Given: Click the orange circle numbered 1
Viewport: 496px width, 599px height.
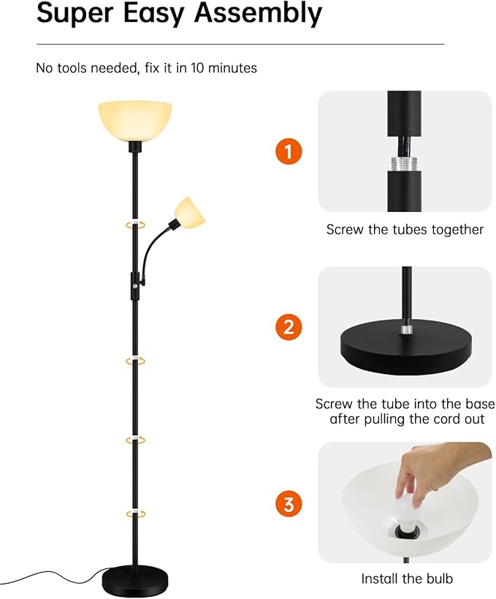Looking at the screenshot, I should (x=289, y=152).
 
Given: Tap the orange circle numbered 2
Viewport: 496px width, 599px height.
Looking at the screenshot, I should (x=289, y=327).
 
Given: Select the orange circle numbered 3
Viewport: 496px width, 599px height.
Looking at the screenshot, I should (x=289, y=503).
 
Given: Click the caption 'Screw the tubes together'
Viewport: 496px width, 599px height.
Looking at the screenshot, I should (x=405, y=229).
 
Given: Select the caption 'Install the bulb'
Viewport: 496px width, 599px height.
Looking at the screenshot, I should (x=407, y=579).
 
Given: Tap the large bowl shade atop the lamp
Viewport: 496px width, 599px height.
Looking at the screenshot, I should (x=135, y=118).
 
